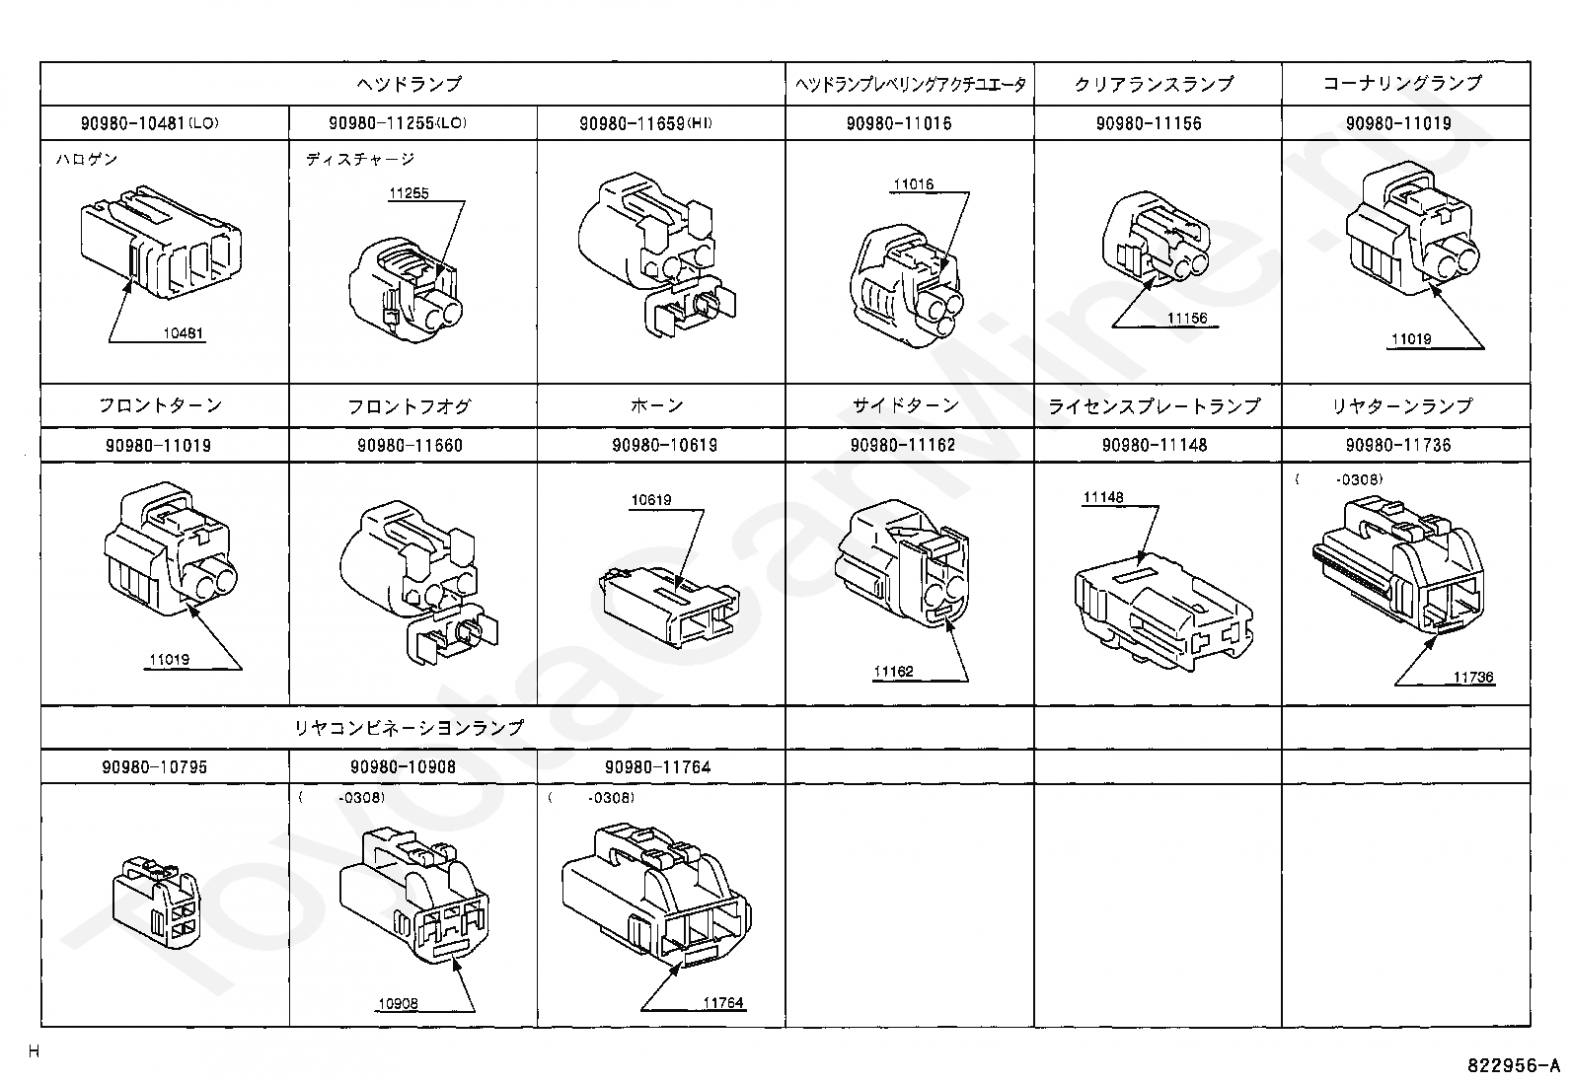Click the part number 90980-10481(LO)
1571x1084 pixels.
click(149, 123)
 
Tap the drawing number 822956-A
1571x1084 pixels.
click(1514, 1065)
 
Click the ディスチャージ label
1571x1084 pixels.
click(360, 159)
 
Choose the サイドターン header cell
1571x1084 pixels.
click(905, 405)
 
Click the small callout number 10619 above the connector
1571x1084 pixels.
click(650, 500)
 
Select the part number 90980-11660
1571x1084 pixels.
click(410, 445)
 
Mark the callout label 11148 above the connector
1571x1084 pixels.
click(1102, 498)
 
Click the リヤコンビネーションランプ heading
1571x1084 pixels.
click(409, 727)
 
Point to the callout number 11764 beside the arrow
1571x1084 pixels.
click(723, 1003)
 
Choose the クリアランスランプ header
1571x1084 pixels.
click(1154, 84)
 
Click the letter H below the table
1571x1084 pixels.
click(34, 1051)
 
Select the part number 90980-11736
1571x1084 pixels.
click(1401, 445)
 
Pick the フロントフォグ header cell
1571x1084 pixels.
click(410, 406)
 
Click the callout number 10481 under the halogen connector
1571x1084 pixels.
click(183, 333)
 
